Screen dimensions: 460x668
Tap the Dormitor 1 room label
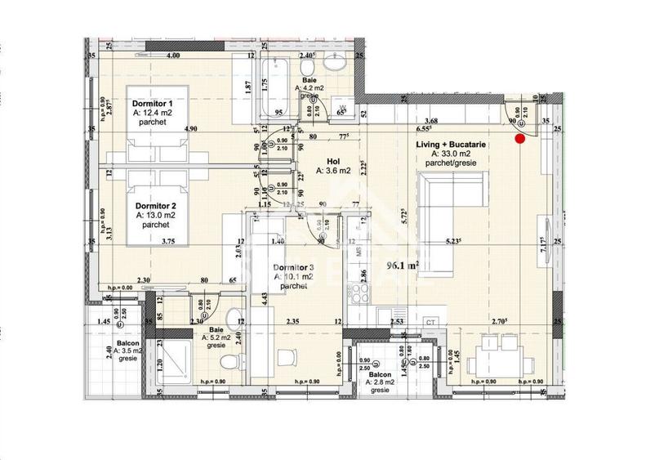click(x=152, y=104)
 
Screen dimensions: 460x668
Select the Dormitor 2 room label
click(x=155, y=206)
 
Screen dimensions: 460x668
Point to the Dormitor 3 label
click(x=293, y=267)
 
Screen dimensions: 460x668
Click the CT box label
click(x=430, y=323)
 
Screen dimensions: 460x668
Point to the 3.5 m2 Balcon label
click(x=126, y=343)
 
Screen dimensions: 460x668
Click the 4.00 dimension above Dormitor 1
click(x=172, y=56)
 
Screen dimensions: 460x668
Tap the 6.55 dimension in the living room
click(x=423, y=128)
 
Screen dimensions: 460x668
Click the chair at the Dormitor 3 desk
click(x=286, y=358)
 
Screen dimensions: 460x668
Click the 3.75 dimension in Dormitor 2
click(x=168, y=240)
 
